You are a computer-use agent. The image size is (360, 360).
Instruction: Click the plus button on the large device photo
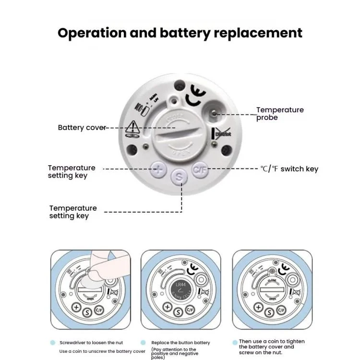pos(159,169)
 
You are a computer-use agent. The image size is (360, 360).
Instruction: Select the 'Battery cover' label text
pos(81,128)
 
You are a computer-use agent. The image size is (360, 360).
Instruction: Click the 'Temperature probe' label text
pos(279,113)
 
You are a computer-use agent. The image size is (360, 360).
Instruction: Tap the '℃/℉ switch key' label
pos(289,169)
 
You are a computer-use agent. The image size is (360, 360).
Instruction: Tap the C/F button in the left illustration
pos(99,309)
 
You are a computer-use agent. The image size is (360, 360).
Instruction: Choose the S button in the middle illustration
pos(179,312)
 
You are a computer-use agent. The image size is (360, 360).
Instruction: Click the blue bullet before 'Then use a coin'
pos(235,342)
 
